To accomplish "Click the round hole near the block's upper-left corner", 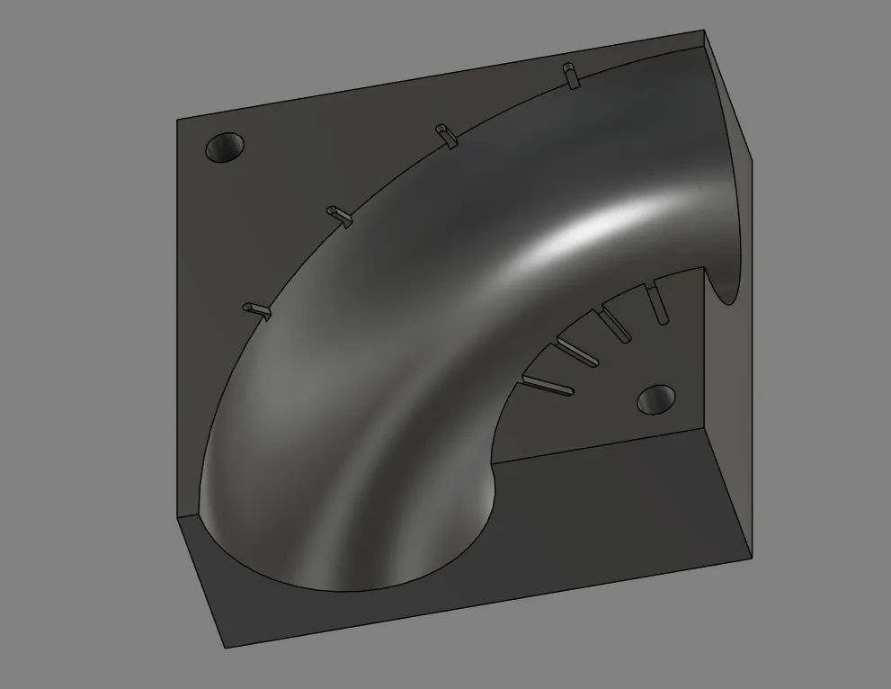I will click(226, 148).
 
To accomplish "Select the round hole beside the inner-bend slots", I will click(655, 398).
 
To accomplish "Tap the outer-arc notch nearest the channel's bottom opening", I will click(257, 309).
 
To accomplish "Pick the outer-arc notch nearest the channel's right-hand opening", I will click(570, 76).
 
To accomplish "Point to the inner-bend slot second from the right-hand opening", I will click(619, 323).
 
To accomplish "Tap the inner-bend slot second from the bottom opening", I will click(578, 353).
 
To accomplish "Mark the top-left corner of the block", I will click(176, 120).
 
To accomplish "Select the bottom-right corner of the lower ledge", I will click(751, 556).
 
